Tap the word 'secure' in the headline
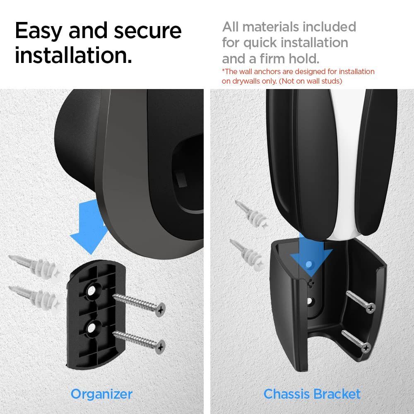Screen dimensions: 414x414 (148, 31)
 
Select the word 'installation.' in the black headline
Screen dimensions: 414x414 (74, 55)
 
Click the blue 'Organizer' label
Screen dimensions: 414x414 (102, 395)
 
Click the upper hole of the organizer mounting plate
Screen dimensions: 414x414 (91, 291)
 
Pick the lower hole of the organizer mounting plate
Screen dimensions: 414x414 (91, 328)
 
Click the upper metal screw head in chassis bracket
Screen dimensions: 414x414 (371, 308)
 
